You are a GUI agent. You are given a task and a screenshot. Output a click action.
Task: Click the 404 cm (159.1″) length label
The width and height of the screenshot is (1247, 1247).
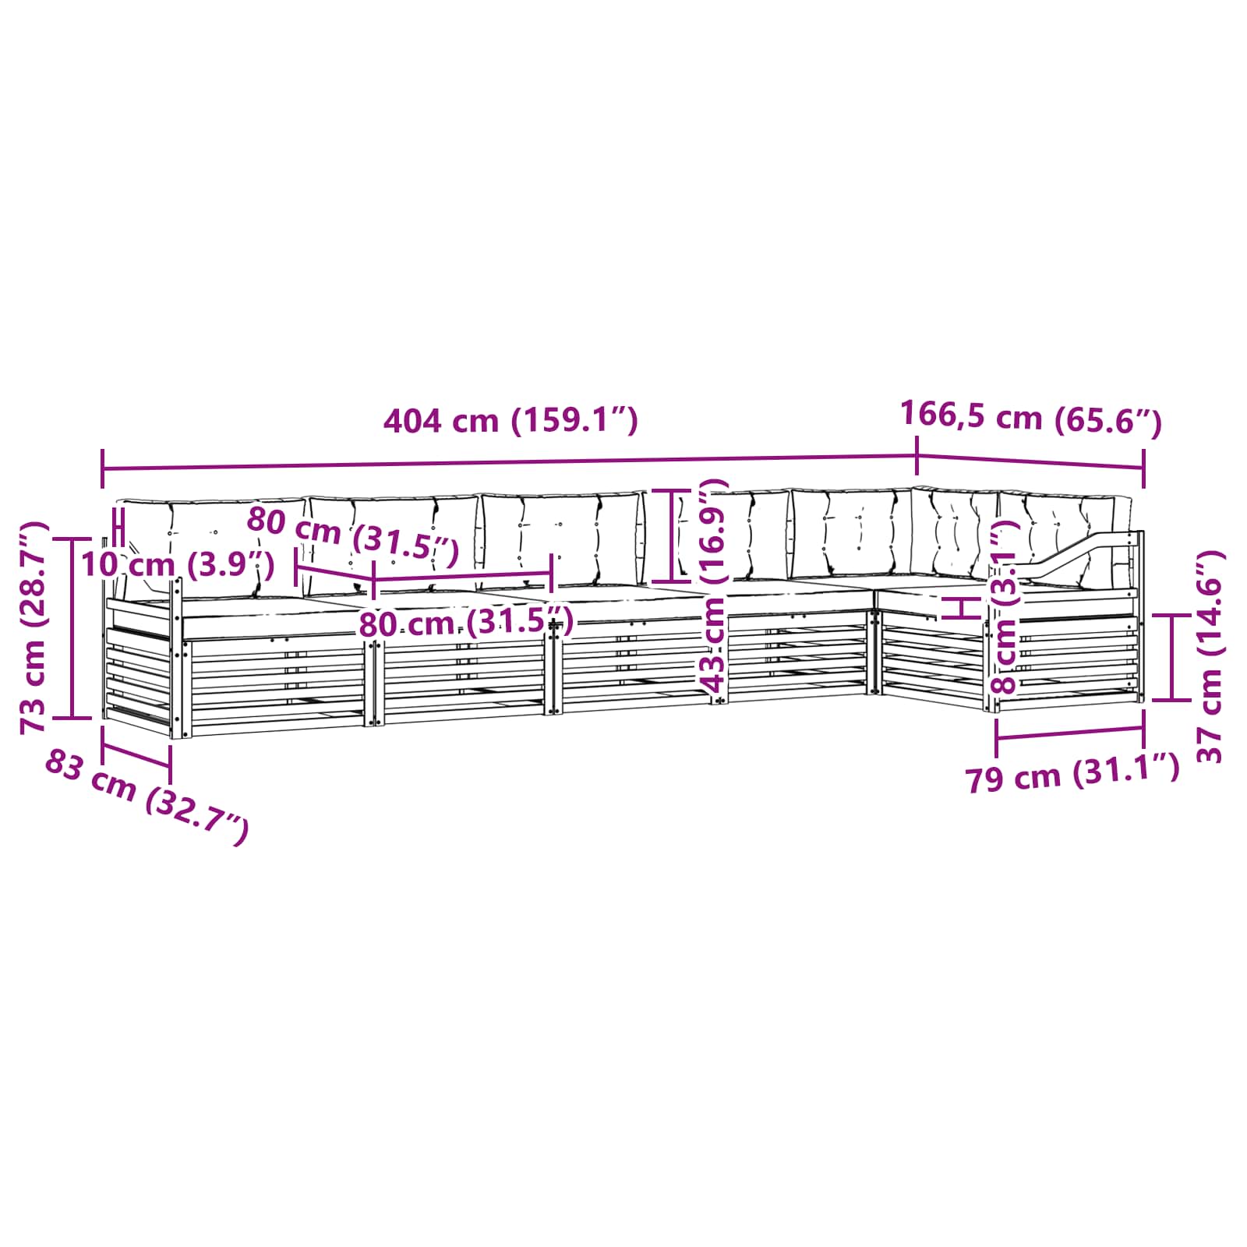point(510,421)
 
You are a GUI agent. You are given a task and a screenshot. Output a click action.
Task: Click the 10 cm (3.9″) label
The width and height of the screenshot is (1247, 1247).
point(178,563)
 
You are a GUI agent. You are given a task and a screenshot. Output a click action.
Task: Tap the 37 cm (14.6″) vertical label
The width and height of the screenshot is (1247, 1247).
point(1210,656)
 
